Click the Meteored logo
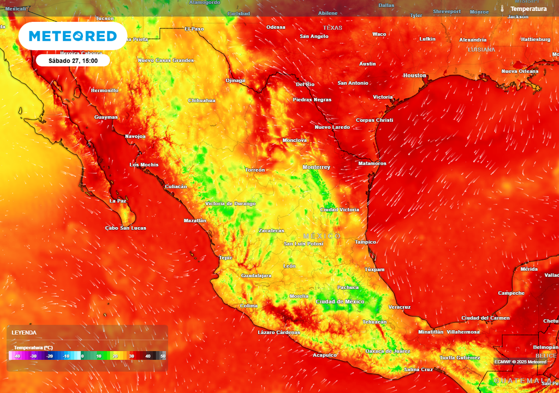73,36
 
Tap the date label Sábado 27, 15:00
73,61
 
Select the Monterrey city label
317,167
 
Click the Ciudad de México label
340,302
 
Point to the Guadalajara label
256,276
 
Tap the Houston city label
414,75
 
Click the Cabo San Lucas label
126,228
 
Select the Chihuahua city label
201,100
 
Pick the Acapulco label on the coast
325,355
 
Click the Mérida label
529,269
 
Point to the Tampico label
365,242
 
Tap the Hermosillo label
104,90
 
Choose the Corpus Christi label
374,120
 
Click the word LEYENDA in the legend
25,332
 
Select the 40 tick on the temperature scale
147,356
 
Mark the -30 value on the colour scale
33,356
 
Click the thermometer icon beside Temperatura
502,9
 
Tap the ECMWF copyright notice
520,362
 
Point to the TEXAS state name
332,28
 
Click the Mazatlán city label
195,221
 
